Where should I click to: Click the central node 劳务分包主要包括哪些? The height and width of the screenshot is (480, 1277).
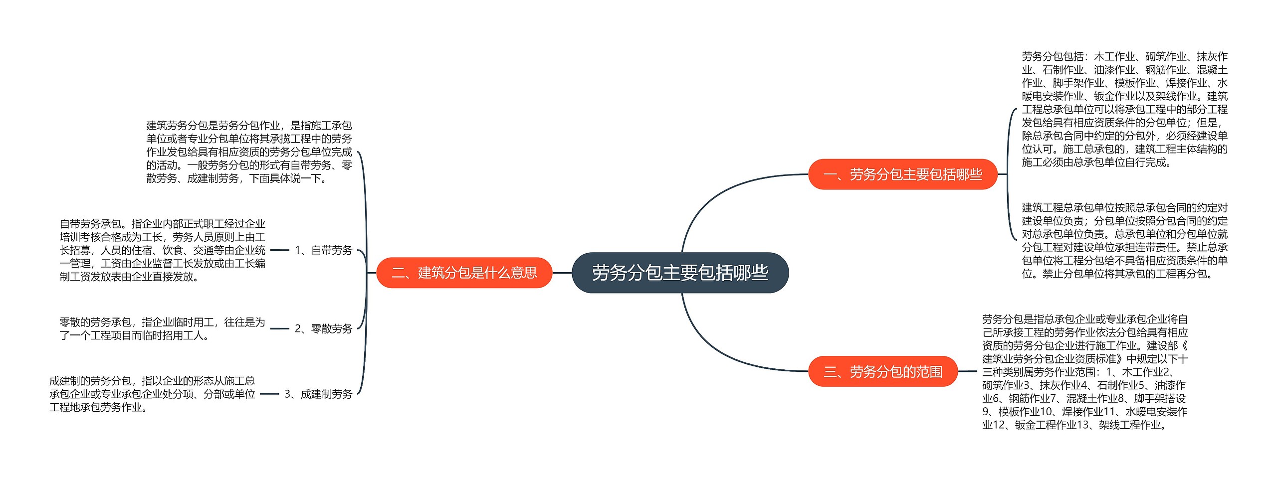point(680,273)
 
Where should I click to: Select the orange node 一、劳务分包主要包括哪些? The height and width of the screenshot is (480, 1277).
point(902,174)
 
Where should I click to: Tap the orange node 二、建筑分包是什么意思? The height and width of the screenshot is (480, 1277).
point(464,273)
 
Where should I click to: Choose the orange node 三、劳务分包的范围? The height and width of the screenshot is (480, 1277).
point(882,371)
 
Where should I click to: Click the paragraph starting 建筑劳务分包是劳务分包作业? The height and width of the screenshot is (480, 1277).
point(249,152)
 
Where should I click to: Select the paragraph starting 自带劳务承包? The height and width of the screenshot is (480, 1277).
point(162,250)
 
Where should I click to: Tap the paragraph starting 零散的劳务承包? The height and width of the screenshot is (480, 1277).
point(162,328)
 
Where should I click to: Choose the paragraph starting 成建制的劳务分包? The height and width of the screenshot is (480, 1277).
point(152,394)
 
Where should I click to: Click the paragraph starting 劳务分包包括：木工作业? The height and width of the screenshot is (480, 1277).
point(1124,109)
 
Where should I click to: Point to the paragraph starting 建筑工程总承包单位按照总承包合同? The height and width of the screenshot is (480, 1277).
point(1124,240)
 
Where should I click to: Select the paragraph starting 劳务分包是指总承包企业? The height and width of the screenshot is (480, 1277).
point(1085,371)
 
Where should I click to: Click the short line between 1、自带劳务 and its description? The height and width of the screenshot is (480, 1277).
point(279,250)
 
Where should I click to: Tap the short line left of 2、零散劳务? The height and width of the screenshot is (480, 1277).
point(279,328)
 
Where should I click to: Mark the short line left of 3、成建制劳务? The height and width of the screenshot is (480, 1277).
point(269,394)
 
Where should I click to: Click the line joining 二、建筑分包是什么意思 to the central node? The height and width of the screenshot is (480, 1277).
point(562,273)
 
